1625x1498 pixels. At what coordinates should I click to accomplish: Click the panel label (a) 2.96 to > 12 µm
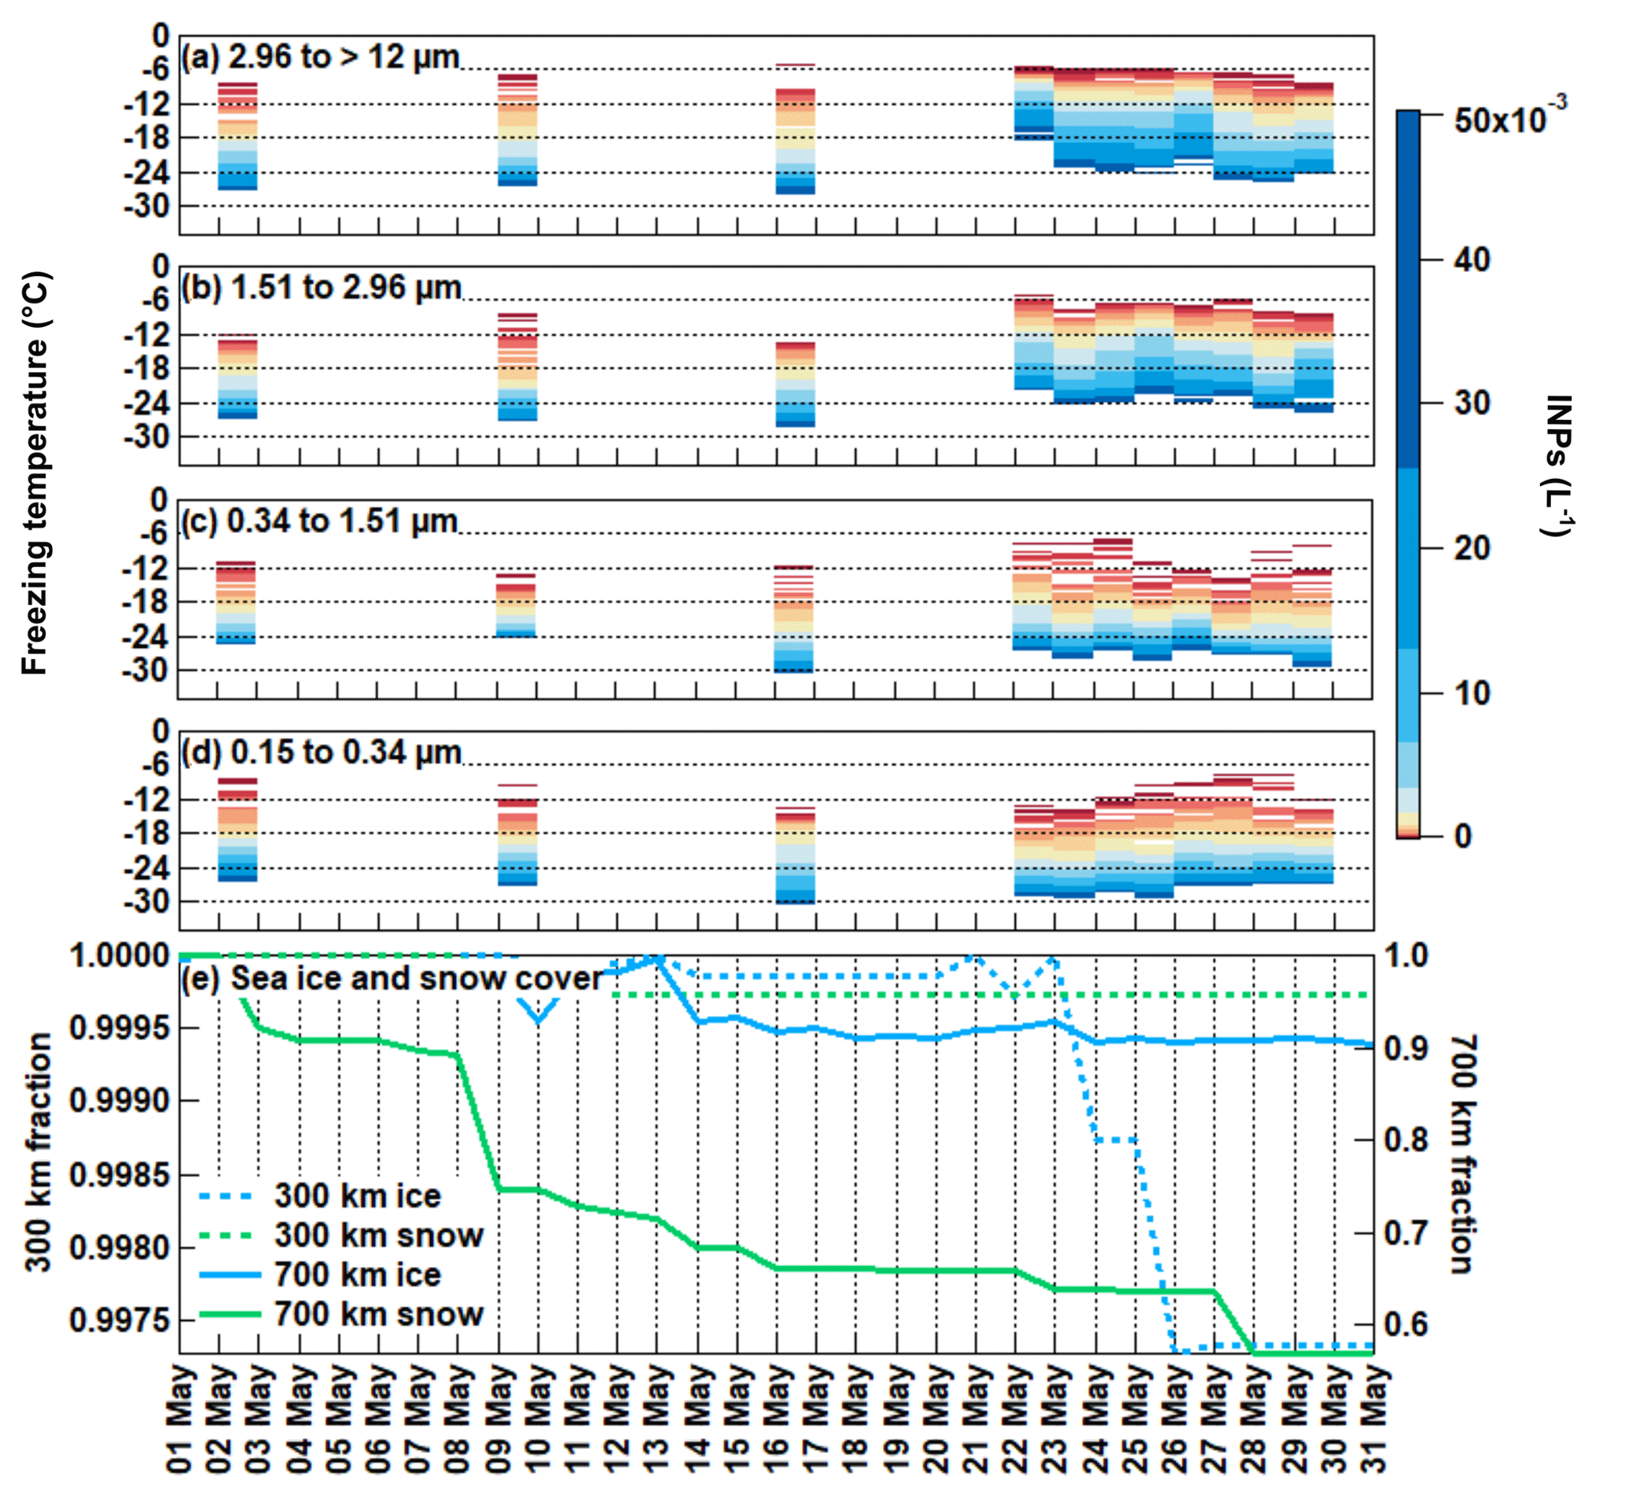320,57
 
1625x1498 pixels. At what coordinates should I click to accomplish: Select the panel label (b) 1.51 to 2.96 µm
322,288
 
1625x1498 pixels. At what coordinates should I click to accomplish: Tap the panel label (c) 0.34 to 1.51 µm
319,521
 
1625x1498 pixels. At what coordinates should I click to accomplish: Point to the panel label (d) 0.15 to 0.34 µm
322,753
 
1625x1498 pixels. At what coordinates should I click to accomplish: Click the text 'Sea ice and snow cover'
417,978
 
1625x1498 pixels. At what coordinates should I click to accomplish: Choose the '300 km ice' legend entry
358,1195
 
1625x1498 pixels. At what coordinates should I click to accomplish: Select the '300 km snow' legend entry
378,1235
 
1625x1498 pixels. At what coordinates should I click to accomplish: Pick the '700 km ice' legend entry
358,1274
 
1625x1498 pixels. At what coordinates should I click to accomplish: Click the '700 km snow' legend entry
378,1314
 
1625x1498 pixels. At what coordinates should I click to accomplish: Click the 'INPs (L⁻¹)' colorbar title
1557,466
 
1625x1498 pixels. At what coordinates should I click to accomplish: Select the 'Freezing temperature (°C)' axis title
35,473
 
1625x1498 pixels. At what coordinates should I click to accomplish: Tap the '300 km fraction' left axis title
38,1152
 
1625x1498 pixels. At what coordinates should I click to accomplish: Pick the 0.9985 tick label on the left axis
122,1175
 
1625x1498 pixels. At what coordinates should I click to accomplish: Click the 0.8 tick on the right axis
1406,1139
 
